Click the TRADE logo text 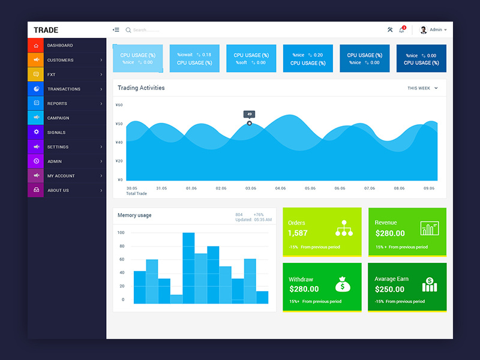(46, 30)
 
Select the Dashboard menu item (60, 46)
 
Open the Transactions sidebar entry (64, 89)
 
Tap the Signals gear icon (36, 132)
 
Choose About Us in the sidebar (58, 190)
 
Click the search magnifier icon (128, 30)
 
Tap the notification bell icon (401, 30)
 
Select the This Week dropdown (422, 88)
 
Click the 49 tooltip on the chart (249, 114)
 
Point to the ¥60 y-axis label (119, 105)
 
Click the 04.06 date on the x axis (280, 188)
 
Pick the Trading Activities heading (141, 88)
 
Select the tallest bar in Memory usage (188, 268)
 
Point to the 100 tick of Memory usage (121, 233)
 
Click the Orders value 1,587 (298, 233)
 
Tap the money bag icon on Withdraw (343, 283)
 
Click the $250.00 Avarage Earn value (390, 289)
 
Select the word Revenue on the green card (386, 223)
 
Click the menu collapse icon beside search (116, 30)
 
